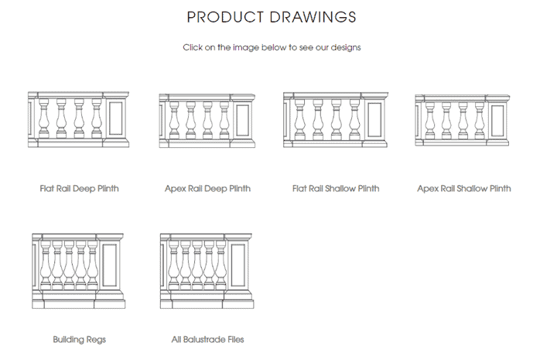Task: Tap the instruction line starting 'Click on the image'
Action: [271, 47]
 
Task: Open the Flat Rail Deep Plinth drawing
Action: [78, 120]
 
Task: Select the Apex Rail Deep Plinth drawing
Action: [207, 120]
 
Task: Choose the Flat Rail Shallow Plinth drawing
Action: [335, 120]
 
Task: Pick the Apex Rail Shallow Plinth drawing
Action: [463, 120]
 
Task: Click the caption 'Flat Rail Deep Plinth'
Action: [79, 188]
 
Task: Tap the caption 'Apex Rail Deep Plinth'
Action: [207, 188]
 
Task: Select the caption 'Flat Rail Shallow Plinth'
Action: [335, 188]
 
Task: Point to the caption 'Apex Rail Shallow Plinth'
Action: [463, 188]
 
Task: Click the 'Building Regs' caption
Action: [79, 339]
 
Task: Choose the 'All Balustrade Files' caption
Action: [207, 339]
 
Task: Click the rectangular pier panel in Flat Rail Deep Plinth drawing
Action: [116, 120]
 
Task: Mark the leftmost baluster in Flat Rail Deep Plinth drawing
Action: [43, 120]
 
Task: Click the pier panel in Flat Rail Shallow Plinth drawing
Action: [374, 120]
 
